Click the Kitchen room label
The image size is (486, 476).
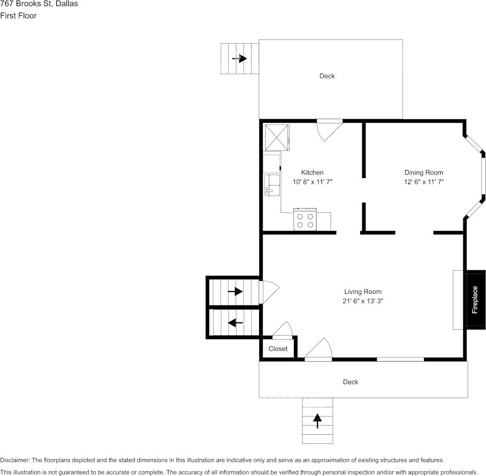[312, 173]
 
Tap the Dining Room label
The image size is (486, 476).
[424, 173]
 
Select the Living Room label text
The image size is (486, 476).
[362, 291]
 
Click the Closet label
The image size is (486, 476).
[278, 349]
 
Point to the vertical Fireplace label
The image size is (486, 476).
[474, 300]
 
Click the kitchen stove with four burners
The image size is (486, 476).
[305, 220]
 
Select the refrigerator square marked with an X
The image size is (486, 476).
[277, 136]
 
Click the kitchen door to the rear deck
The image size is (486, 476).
[329, 129]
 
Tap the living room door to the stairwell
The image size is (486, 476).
[268, 292]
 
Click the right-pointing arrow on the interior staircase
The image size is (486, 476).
[235, 291]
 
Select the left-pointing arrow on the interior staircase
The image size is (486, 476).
[235, 323]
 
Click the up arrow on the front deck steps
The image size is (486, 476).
[317, 420]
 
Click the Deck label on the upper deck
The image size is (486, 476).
[327, 76]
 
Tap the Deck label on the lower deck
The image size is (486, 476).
[350, 382]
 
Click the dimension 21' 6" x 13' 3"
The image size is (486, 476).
[362, 301]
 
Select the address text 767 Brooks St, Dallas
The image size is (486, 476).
[39, 5]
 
